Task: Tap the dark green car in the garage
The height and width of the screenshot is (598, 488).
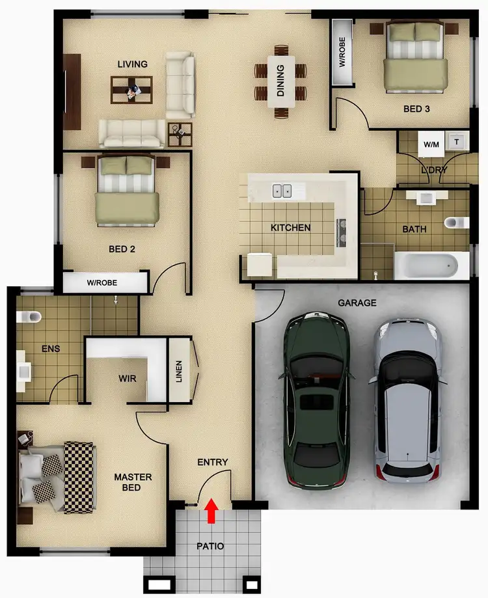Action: [x=316, y=400]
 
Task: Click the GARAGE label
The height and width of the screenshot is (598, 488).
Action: [x=358, y=303]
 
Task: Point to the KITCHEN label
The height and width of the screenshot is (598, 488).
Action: [x=291, y=228]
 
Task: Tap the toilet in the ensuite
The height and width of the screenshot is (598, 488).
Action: [x=28, y=317]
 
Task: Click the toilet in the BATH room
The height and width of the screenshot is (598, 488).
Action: [x=456, y=223]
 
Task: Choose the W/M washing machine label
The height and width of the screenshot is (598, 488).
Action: [x=431, y=143]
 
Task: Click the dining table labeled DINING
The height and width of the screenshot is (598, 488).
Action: [x=281, y=81]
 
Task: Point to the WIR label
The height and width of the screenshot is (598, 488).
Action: [x=128, y=377]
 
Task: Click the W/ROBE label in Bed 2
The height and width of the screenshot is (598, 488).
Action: [x=103, y=283]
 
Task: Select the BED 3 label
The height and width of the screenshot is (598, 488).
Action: [x=416, y=109]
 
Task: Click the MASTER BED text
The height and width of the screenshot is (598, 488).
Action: [x=133, y=482]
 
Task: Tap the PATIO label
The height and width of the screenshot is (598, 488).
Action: [x=210, y=546]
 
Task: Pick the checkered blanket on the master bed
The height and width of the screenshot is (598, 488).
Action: [x=79, y=468]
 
